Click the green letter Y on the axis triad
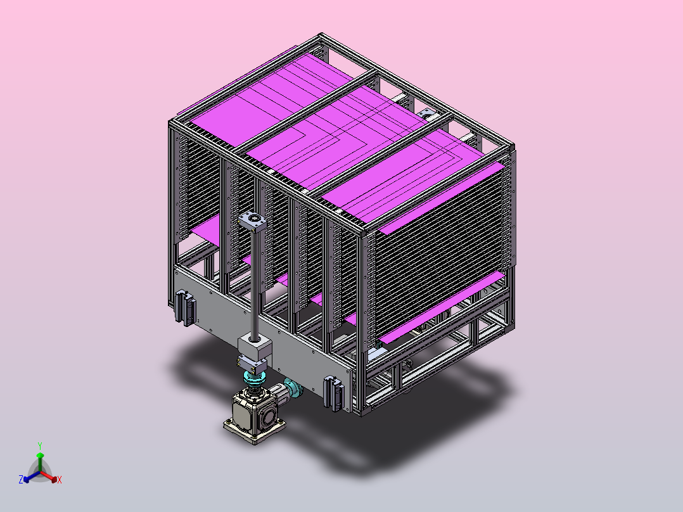pyautogui.click(x=40, y=445)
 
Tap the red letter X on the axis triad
pyautogui.click(x=60, y=480)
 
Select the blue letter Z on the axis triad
pyautogui.click(x=20, y=479)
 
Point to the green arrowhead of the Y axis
pyautogui.click(x=40, y=456)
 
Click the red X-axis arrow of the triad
pyautogui.click(x=49, y=477)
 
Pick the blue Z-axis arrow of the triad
pyautogui.click(x=32, y=477)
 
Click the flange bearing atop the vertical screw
pyautogui.click(x=252, y=221)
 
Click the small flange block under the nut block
pyautogui.click(x=252, y=364)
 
